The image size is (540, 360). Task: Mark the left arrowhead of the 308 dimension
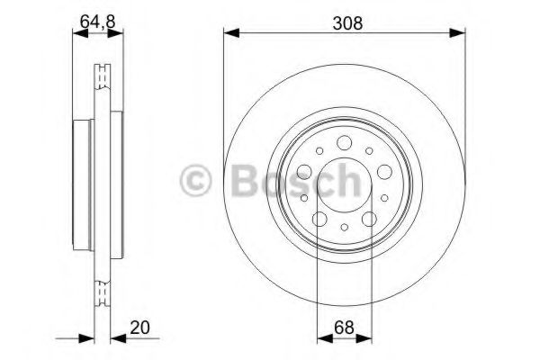coord(229,34)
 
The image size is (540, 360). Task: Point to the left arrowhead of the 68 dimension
coord(322,338)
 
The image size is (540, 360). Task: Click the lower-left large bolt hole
coord(319,219)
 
